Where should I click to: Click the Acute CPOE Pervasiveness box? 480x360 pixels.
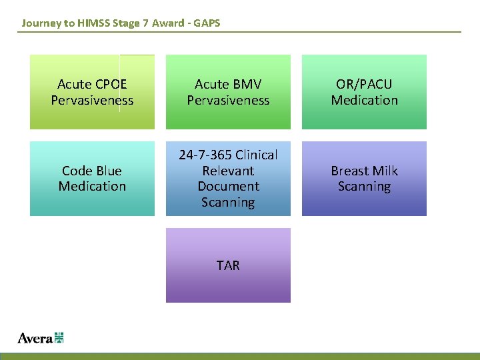click(92, 92)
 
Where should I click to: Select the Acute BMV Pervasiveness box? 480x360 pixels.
click(228, 92)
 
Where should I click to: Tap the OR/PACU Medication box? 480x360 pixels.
click(364, 92)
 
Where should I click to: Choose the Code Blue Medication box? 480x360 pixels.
click(92, 179)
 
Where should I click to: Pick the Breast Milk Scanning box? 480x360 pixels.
click(364, 179)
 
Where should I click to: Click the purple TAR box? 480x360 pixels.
click(228, 265)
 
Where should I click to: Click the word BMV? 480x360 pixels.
click(247, 85)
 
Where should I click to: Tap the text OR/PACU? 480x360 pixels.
click(364, 85)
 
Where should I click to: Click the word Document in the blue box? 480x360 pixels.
click(228, 187)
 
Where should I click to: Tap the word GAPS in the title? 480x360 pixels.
click(206, 23)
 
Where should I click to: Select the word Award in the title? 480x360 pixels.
click(167, 23)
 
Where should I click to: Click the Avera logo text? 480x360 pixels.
click(35, 338)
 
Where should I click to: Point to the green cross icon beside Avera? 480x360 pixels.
click(59, 337)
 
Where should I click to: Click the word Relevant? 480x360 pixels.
click(228, 171)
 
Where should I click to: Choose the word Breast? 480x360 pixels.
click(349, 171)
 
